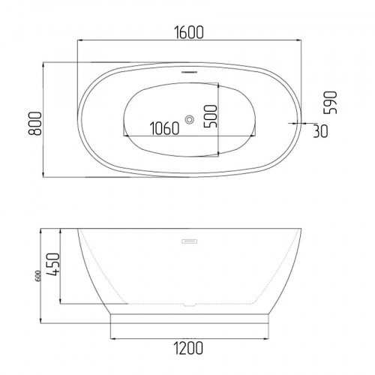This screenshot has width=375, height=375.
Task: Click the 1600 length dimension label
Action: pos(189,32)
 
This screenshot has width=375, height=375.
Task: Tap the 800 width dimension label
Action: pos(34,124)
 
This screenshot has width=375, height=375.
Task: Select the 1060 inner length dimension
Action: pos(164,128)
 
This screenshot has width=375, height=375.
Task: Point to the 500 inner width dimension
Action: pos(211,116)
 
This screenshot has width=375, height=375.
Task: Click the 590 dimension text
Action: pos(330,103)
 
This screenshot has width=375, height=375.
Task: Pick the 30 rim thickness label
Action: pos(320,131)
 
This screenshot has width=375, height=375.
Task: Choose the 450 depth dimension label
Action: pos(53,264)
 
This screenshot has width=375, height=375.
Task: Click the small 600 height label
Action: pos(38,276)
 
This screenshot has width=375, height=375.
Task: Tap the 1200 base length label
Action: pos(188,348)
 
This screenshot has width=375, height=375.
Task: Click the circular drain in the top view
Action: pos(190,119)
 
